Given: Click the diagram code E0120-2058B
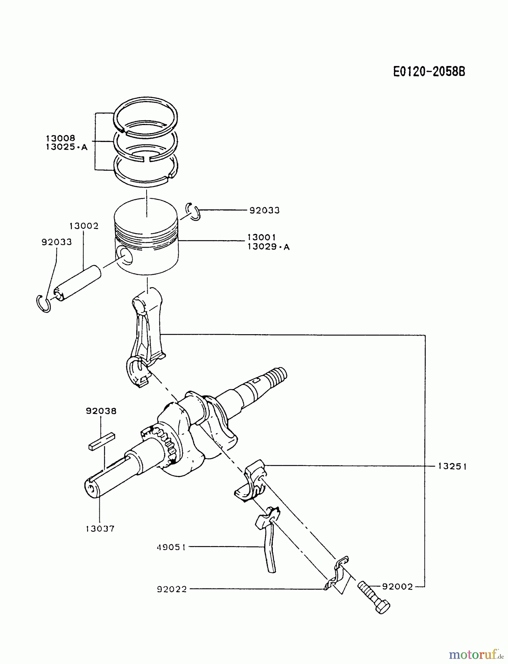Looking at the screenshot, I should pyautogui.click(x=429, y=71).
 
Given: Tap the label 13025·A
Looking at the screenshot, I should pyautogui.click(x=66, y=147).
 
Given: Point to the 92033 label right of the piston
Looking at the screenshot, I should pyautogui.click(x=264, y=211).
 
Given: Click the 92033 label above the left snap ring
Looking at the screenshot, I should pyautogui.click(x=56, y=242).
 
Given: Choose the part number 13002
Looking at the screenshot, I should pyautogui.click(x=84, y=226).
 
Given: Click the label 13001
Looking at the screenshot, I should pyautogui.click(x=261, y=237).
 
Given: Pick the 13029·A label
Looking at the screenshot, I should pyautogui.click(x=268, y=247).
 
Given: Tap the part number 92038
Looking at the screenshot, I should pyautogui.click(x=101, y=411).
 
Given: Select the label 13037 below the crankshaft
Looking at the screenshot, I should pyautogui.click(x=100, y=529).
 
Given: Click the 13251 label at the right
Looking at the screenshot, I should pyautogui.click(x=452, y=467).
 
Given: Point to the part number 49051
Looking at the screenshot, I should pyautogui.click(x=172, y=547).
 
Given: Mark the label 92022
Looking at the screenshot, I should pyautogui.click(x=172, y=589).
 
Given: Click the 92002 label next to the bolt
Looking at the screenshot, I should pyautogui.click(x=397, y=587).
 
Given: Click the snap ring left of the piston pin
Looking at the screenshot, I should pyautogui.click(x=44, y=303).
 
